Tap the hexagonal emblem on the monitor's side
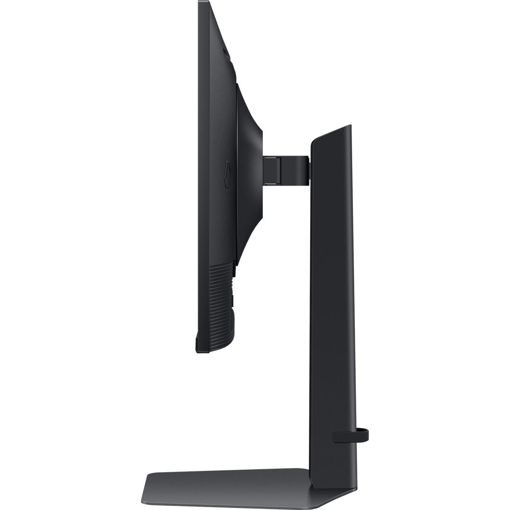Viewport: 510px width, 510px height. coord(227,173)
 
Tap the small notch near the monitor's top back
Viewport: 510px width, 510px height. coord(225,53)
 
